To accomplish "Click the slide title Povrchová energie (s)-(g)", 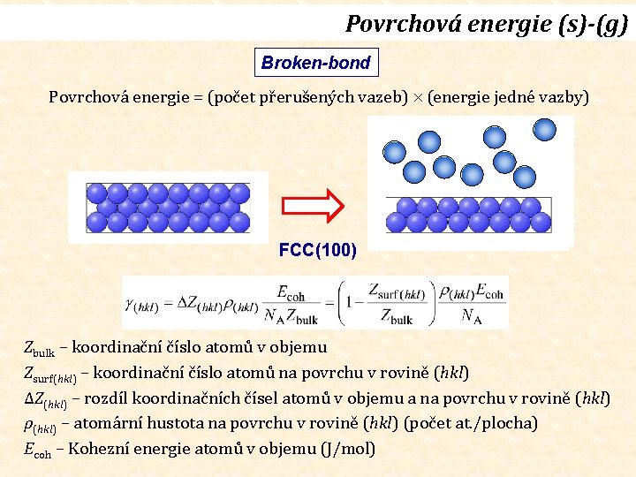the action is pos(486,23).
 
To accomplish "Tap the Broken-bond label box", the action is pos(315,64).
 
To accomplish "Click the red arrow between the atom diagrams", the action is pos(315,206).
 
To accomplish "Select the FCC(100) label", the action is pos(318,250).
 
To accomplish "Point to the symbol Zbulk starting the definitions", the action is pos(38,348).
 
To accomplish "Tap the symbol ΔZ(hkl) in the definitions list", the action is pos(45,399).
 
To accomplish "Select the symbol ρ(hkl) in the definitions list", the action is pos(40,425).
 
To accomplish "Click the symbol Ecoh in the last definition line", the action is pos(36,450).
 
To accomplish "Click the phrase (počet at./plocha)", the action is pos(470,423).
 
